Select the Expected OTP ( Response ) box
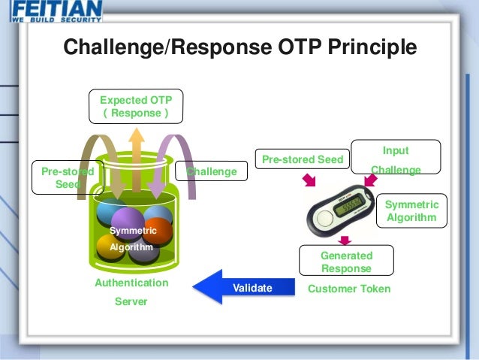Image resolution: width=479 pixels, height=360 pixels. [136, 107]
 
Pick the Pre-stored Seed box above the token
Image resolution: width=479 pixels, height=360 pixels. [303, 159]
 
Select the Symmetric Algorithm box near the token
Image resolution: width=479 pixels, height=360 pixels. [411, 211]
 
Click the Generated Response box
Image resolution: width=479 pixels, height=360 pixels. [346, 262]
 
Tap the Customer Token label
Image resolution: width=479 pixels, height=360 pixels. [349, 288]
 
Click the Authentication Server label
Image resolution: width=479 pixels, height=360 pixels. [131, 292]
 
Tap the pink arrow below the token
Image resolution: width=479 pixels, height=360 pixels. [345, 240]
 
